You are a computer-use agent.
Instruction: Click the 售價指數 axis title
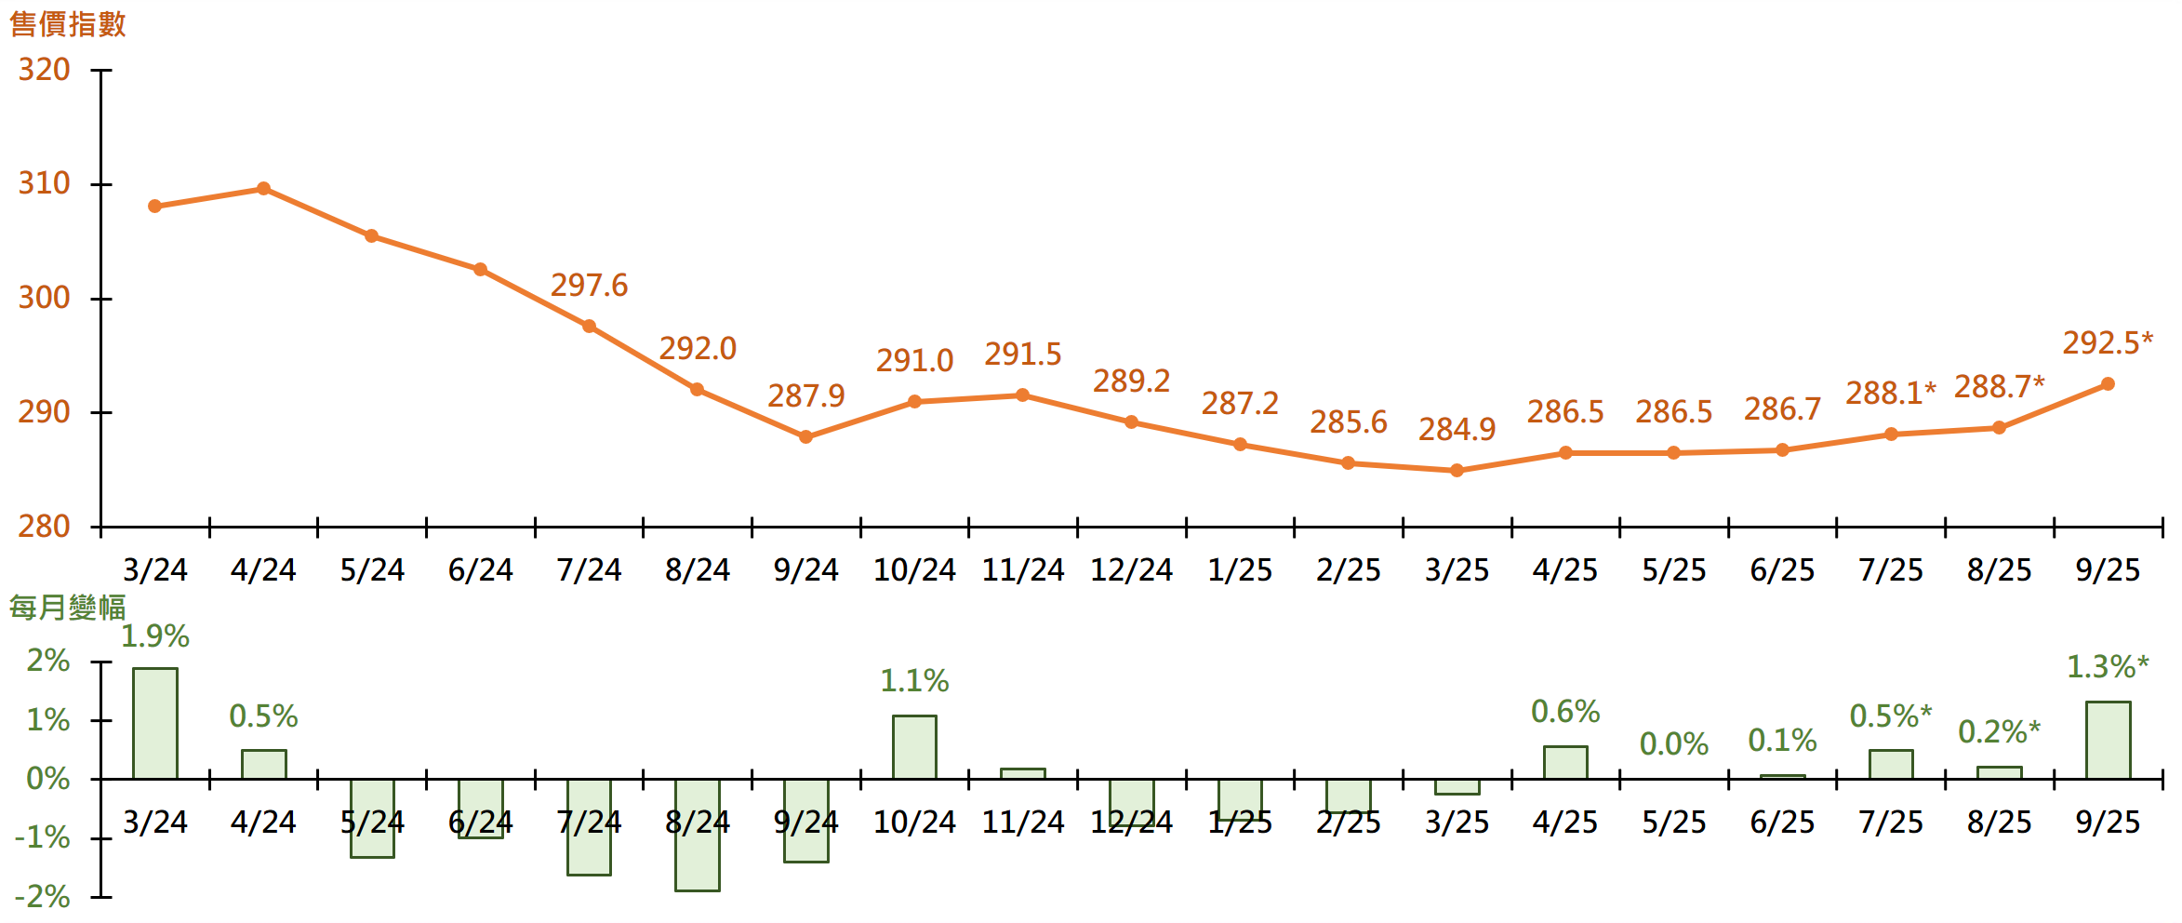pos(67,23)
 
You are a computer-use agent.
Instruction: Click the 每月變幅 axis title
pos(67,608)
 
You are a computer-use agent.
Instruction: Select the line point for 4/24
pos(263,189)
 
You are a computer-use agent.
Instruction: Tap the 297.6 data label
pos(589,285)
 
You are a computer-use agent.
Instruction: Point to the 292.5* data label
pos(2107,342)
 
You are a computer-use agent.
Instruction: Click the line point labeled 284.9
pos(1457,471)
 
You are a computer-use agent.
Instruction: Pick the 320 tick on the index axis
pos(44,70)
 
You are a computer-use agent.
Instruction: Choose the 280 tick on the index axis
pos(44,527)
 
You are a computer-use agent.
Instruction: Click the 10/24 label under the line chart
pos(914,569)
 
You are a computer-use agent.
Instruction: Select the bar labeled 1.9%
pos(155,723)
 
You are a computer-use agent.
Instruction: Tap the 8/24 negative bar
pos(698,835)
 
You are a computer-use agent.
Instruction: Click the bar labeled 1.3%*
pos(2108,740)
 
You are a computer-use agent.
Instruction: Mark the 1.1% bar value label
pos(914,681)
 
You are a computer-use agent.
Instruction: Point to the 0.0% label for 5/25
pos(1673,744)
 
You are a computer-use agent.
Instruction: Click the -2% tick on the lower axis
pos(43,897)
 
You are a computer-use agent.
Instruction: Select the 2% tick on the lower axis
pos(47,661)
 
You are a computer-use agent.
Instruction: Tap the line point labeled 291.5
pos(1022,395)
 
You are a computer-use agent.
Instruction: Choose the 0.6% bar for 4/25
pos(1565,762)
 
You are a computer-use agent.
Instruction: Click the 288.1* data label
pos(1890,393)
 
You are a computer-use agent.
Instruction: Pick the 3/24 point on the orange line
pos(154,207)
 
